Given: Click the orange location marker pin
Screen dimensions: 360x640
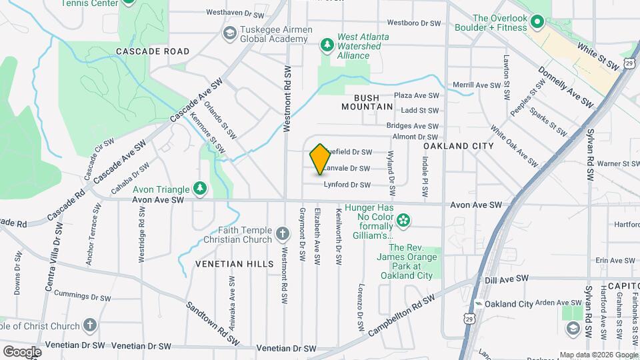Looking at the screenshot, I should (x=320, y=159).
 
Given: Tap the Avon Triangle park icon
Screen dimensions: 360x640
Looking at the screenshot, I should (x=199, y=188).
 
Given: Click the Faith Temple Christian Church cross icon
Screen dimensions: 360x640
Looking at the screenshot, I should (x=283, y=234).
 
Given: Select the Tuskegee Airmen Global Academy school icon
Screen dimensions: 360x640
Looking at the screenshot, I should (x=229, y=33).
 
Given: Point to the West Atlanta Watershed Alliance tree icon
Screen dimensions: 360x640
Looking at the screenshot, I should (x=327, y=45).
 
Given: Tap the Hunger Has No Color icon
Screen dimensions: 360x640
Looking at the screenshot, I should (x=402, y=220).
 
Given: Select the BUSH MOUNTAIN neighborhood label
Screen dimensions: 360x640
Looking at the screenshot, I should (x=367, y=102).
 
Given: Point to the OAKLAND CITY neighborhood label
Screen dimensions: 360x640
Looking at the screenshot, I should (x=459, y=146).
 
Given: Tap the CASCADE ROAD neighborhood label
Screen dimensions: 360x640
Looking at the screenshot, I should (x=153, y=51).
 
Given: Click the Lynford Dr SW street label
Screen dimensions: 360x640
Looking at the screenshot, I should (x=347, y=185).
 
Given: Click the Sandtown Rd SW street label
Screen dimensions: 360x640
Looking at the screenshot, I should (x=212, y=323).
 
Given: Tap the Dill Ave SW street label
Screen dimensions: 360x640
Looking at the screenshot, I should (x=507, y=279).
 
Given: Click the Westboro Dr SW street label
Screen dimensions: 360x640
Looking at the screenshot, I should (x=414, y=23).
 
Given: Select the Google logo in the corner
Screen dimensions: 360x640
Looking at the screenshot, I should (x=22, y=351).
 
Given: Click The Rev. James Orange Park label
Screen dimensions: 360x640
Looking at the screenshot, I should (x=407, y=257).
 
